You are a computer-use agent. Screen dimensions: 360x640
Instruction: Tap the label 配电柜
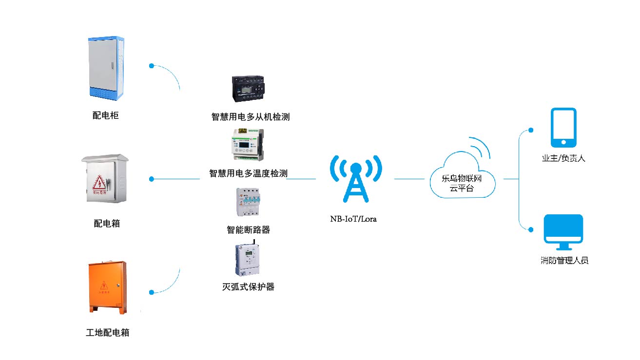click(x=106, y=115)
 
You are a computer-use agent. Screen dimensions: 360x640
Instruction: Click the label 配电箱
click(x=107, y=224)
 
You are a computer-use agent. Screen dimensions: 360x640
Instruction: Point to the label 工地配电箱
click(x=108, y=333)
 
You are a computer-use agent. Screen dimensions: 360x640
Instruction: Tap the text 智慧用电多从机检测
click(x=251, y=117)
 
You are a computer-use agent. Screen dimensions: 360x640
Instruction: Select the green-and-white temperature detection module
click(x=249, y=144)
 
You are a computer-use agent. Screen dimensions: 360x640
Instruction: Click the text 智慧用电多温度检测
click(x=248, y=173)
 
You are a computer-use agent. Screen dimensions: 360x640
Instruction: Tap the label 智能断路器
click(x=248, y=229)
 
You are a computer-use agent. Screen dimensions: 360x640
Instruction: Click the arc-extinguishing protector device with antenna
click(x=249, y=259)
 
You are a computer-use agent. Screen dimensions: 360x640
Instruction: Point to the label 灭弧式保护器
click(x=248, y=287)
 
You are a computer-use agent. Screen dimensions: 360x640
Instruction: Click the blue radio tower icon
click(x=355, y=179)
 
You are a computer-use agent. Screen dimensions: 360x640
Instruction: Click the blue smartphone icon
click(x=563, y=128)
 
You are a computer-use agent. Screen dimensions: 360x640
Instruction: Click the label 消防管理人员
click(x=564, y=261)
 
